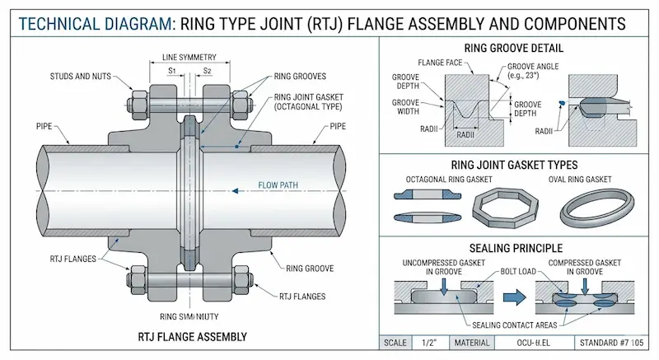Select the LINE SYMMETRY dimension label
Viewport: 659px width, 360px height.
point(189,57)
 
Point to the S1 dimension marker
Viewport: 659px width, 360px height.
point(171,71)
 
